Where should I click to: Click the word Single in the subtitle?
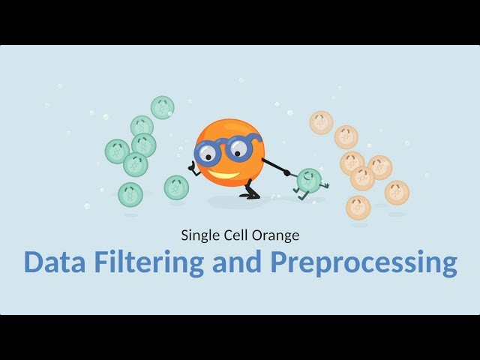point(199,235)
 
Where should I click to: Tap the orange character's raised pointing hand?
point(194,169)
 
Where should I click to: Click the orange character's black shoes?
point(250,194)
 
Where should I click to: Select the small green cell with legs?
point(308,180)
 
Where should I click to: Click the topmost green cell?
point(162,107)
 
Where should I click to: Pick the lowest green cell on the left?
point(130,195)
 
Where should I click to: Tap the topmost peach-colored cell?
point(321,122)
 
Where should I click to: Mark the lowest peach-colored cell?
point(358,208)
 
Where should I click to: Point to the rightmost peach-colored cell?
point(397,192)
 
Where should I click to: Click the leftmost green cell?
point(117,151)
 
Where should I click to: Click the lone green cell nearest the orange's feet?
point(176,187)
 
